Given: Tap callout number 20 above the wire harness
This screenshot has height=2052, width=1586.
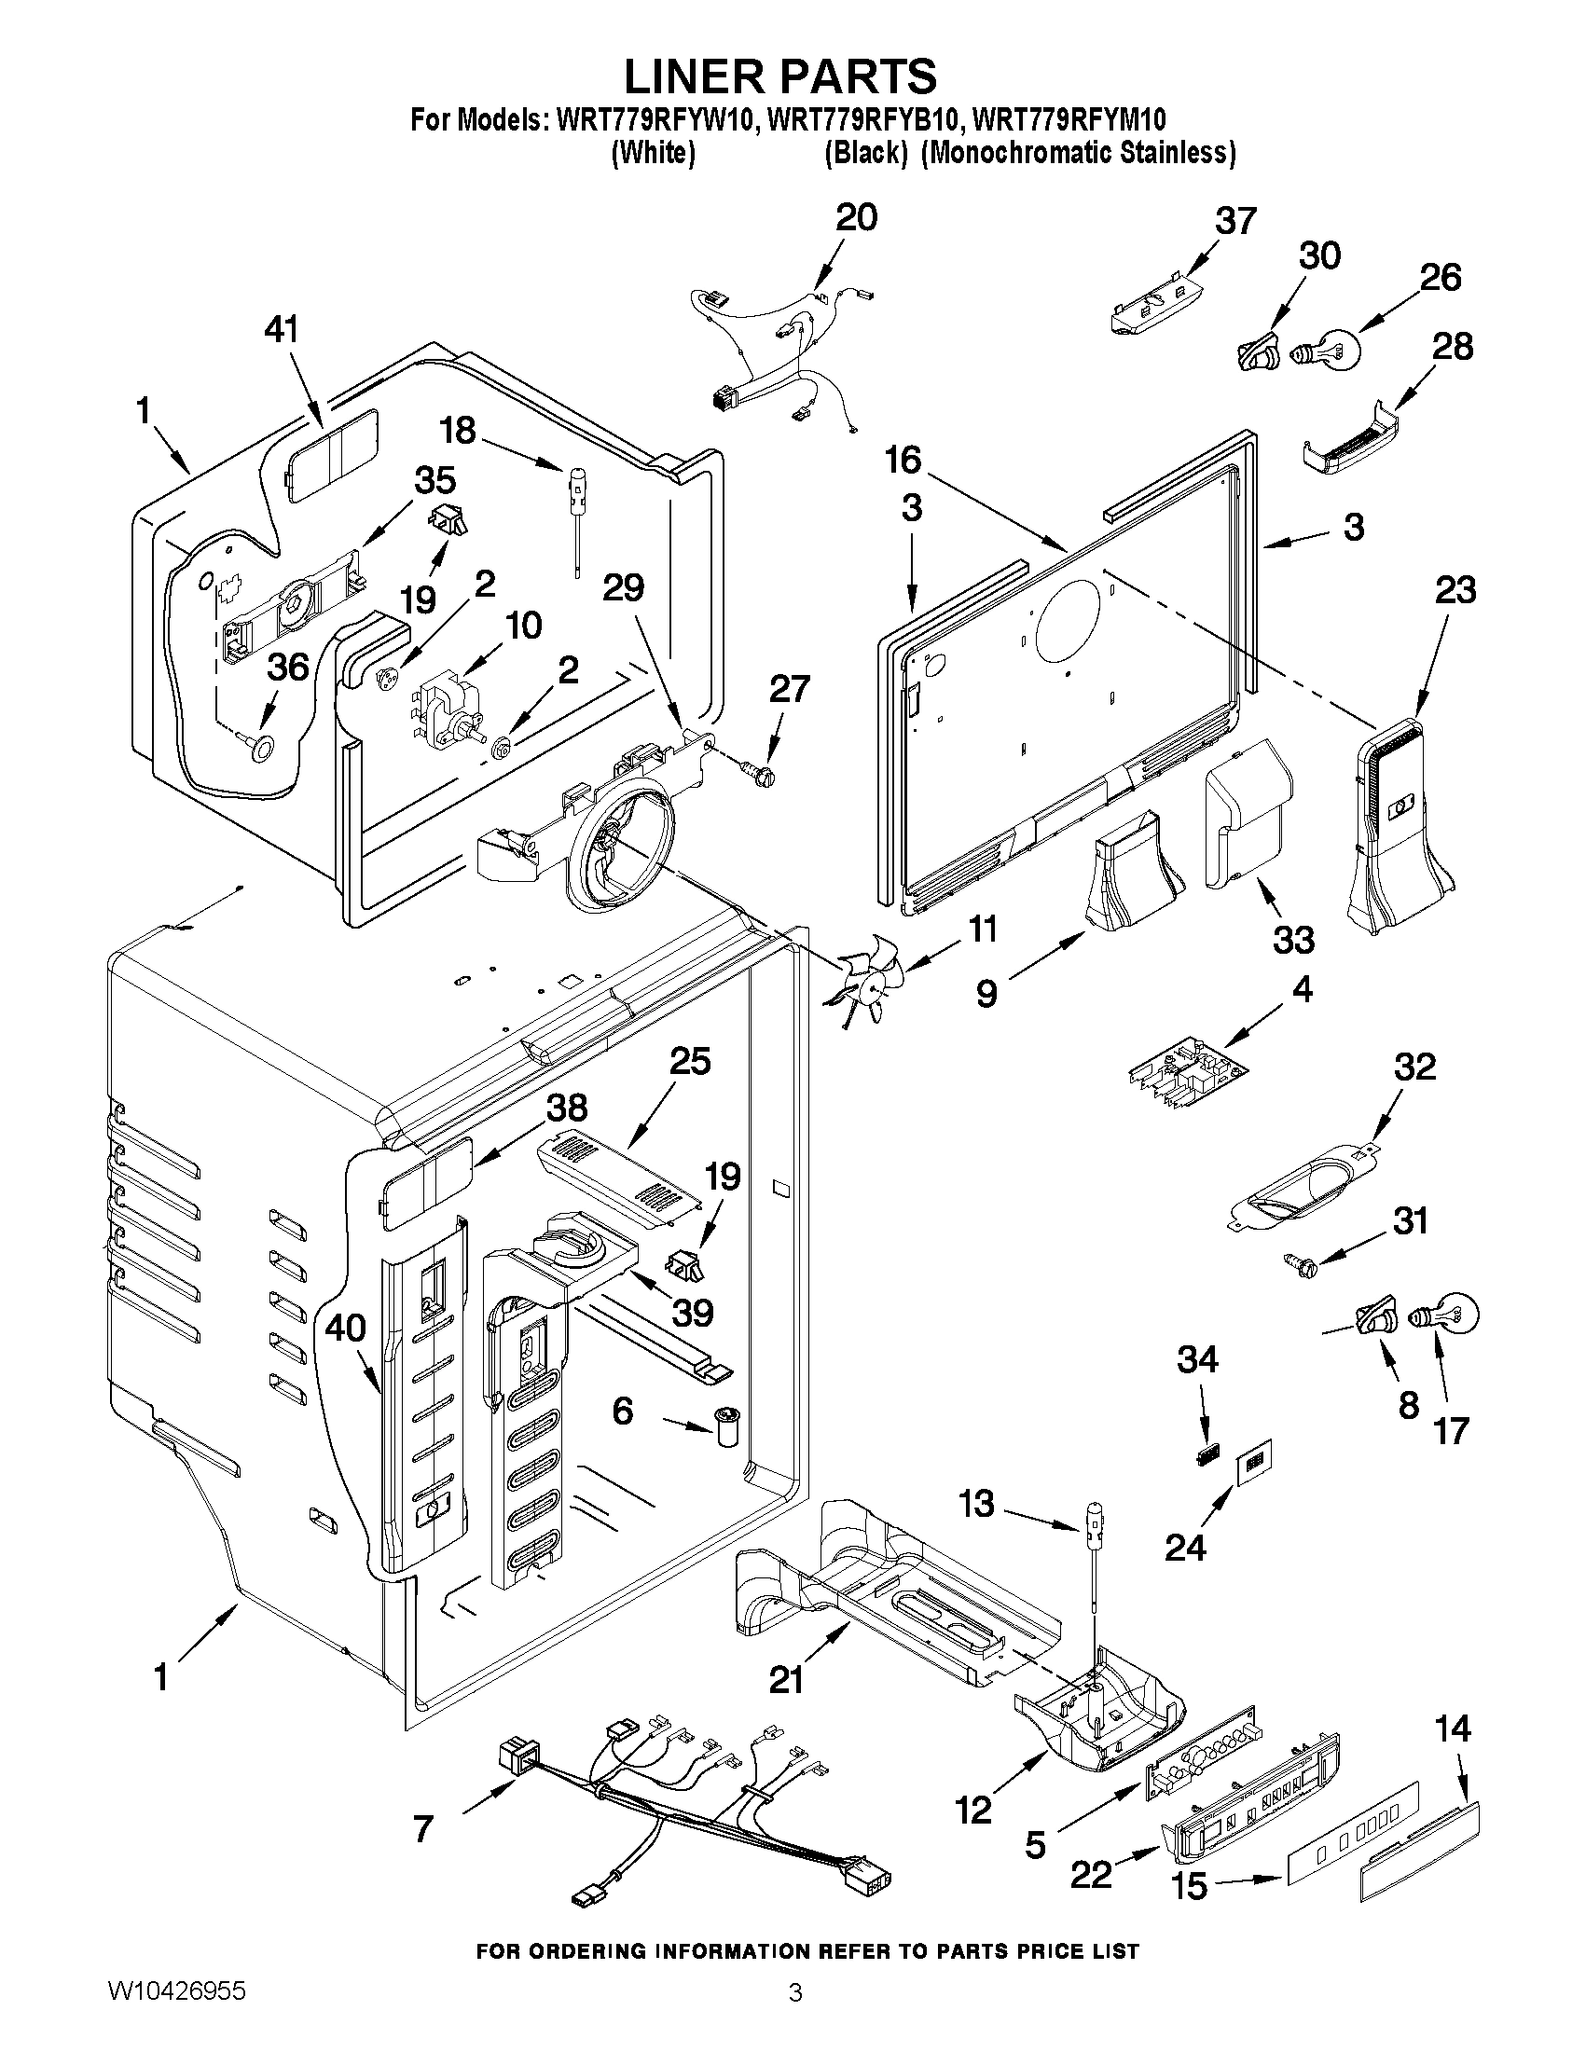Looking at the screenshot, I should pos(856,217).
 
